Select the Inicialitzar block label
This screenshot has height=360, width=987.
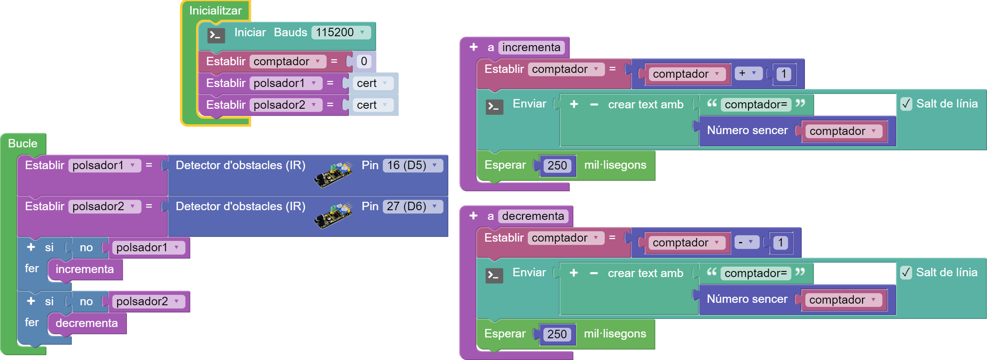point(215,10)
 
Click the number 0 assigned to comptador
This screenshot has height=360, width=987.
point(364,61)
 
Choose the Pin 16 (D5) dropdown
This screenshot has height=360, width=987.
point(412,165)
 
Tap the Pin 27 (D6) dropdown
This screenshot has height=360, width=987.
point(412,206)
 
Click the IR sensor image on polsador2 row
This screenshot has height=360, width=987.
point(333,216)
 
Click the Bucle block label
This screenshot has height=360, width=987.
point(23,143)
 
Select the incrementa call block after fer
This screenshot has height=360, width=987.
point(85,269)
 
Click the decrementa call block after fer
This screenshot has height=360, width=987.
point(87,323)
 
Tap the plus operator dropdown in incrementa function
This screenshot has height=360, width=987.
point(748,73)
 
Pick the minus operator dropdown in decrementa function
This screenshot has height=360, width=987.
point(746,242)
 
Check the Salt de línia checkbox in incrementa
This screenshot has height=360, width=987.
point(906,104)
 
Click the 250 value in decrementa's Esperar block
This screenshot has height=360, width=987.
point(557,334)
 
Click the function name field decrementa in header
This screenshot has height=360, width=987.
point(533,216)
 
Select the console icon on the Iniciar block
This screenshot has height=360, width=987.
point(216,35)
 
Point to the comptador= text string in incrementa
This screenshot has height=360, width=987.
point(755,105)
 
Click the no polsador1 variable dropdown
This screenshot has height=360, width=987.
point(147,247)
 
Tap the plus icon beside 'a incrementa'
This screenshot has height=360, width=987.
point(473,47)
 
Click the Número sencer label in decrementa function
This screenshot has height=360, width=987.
point(746,299)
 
